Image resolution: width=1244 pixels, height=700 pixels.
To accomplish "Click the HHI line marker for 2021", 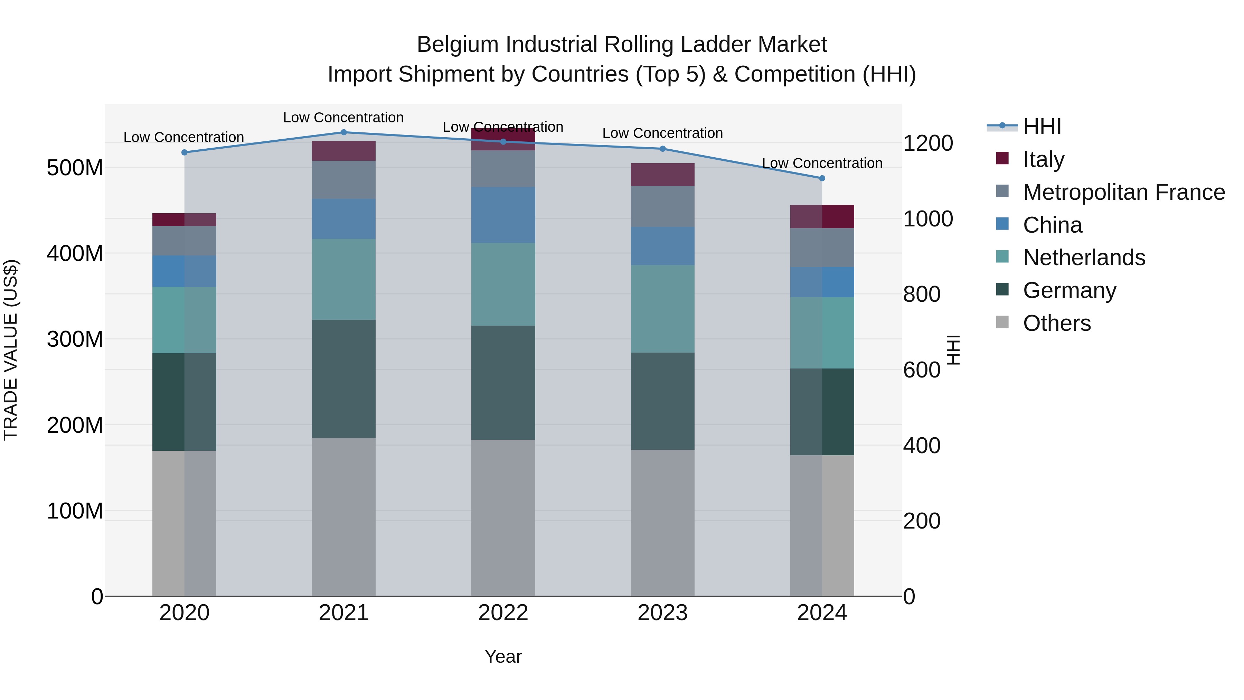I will point(344,132).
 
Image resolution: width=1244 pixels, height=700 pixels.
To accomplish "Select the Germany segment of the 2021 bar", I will point(344,379).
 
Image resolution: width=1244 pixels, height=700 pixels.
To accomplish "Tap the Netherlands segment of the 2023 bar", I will point(662,309).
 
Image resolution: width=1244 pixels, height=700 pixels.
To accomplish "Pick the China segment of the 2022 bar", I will point(503,215).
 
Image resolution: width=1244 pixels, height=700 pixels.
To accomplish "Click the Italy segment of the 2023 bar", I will point(662,175).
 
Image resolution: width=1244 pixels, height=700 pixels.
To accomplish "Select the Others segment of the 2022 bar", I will point(503,517).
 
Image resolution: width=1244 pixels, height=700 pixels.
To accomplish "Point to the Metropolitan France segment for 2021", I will point(344,180).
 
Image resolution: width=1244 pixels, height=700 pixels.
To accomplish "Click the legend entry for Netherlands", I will point(1084,258).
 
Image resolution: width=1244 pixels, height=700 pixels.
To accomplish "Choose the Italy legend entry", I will point(1043,159).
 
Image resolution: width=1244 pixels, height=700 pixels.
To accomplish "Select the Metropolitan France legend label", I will point(1124,192).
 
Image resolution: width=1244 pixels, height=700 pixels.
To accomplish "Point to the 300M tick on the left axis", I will point(75,339).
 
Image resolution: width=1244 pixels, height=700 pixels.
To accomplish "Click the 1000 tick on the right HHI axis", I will point(928,219).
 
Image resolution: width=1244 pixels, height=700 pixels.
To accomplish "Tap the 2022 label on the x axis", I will point(503,613).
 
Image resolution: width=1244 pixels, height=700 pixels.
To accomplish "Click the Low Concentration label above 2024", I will point(822,163).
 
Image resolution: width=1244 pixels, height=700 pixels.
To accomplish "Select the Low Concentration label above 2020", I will point(183,137).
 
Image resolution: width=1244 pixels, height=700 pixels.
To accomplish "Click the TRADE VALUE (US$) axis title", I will point(11,350).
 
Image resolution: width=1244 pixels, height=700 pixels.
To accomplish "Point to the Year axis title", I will point(503,656).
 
